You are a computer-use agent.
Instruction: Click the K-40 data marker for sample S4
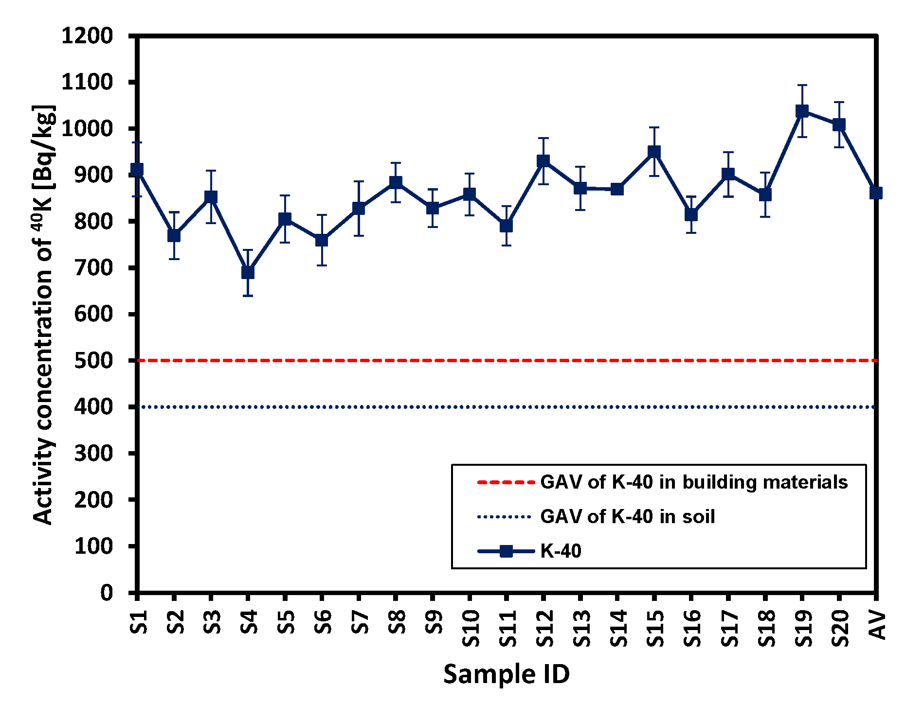(248, 273)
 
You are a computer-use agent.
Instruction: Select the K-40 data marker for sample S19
(802, 111)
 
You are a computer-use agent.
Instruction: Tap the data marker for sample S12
(543, 161)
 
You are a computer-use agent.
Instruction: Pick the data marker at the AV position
(876, 193)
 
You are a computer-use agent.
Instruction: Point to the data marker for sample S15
(654, 152)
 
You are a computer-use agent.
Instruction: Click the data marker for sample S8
(396, 182)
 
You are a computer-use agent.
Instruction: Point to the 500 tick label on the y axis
(93, 361)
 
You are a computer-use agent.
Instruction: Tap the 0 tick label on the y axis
(107, 593)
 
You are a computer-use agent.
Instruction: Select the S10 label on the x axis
(471, 629)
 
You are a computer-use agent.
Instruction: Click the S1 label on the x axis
(139, 622)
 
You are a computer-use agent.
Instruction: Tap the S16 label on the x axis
(692, 629)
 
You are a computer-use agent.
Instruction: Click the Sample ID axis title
(506, 674)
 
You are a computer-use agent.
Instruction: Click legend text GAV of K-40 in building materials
(694, 482)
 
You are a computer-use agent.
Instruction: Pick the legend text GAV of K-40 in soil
(627, 516)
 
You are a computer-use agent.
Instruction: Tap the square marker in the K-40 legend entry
(506, 551)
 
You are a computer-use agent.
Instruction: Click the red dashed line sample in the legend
(506, 482)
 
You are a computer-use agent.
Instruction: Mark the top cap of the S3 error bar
(211, 171)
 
